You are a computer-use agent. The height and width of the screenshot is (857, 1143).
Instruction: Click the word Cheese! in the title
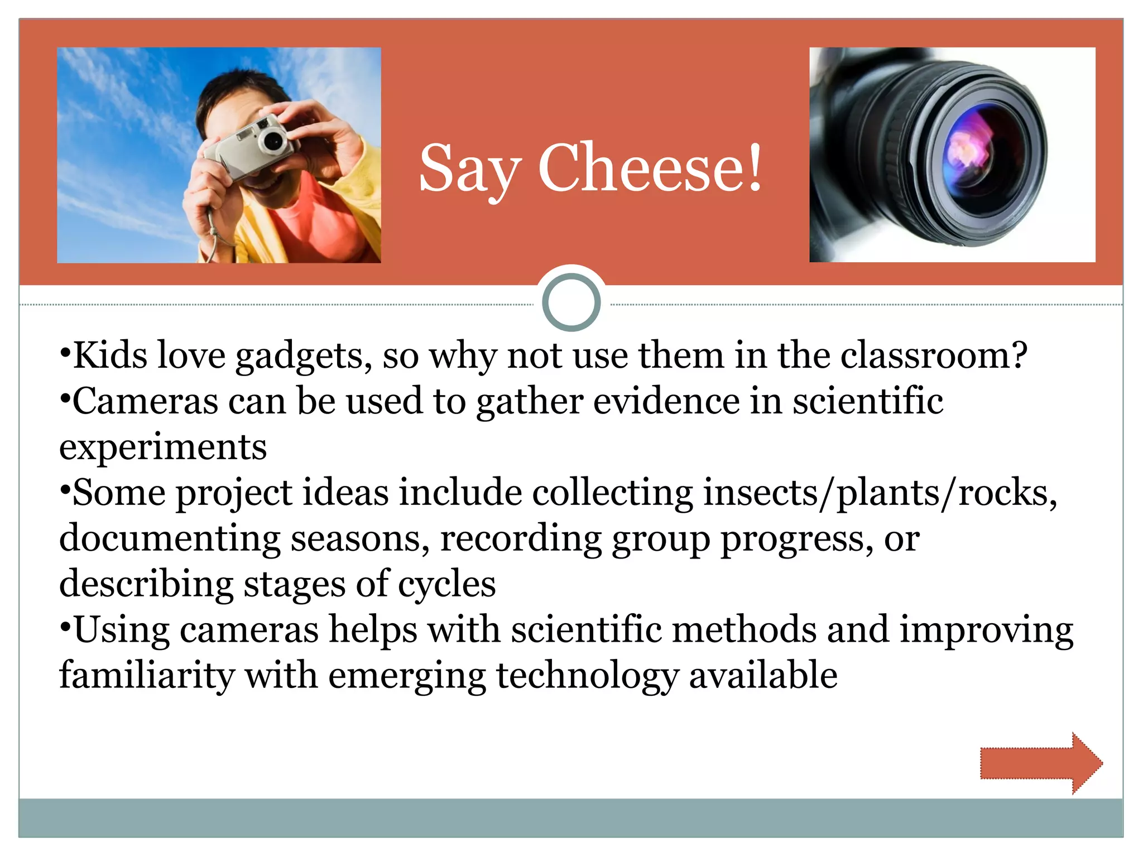click(650, 167)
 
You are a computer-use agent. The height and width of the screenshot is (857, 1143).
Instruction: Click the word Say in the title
click(470, 170)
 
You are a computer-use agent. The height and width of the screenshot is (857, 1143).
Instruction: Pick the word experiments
click(163, 447)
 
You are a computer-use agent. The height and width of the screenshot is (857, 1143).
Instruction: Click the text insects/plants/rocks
click(879, 493)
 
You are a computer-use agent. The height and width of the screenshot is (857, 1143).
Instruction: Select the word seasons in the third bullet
click(360, 539)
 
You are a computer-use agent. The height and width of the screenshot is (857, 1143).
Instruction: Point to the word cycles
click(446, 585)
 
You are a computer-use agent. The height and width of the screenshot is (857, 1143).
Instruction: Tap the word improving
click(986, 630)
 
